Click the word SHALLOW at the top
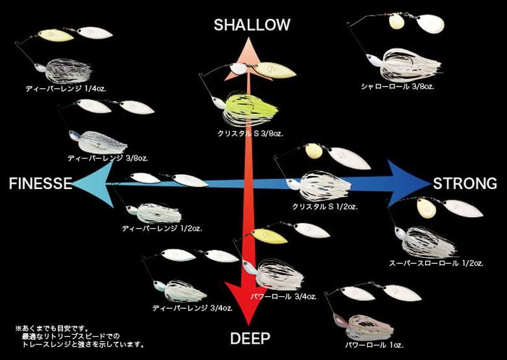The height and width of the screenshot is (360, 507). point(252,25)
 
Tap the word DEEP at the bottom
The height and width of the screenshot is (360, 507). point(250,339)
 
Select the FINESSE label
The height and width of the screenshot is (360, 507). point(40,183)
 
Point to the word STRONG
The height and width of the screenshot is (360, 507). point(465,183)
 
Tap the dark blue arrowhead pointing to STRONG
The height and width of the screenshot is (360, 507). point(408,183)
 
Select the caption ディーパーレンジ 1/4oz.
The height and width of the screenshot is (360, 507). point(66,88)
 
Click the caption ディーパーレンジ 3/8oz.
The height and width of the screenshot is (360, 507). point(108,159)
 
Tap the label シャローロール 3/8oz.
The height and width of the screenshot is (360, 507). point(398,86)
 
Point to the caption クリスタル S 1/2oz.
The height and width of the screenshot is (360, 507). point(324,207)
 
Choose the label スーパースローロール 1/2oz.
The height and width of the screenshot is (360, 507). point(436,263)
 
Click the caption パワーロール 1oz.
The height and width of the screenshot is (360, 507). point(374,345)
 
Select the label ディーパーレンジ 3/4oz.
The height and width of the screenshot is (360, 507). point(192,308)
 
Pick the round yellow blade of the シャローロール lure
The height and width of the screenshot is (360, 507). point(396,21)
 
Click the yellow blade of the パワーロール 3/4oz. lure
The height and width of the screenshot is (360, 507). point(269,237)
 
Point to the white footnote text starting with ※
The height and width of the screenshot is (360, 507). point(80,337)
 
